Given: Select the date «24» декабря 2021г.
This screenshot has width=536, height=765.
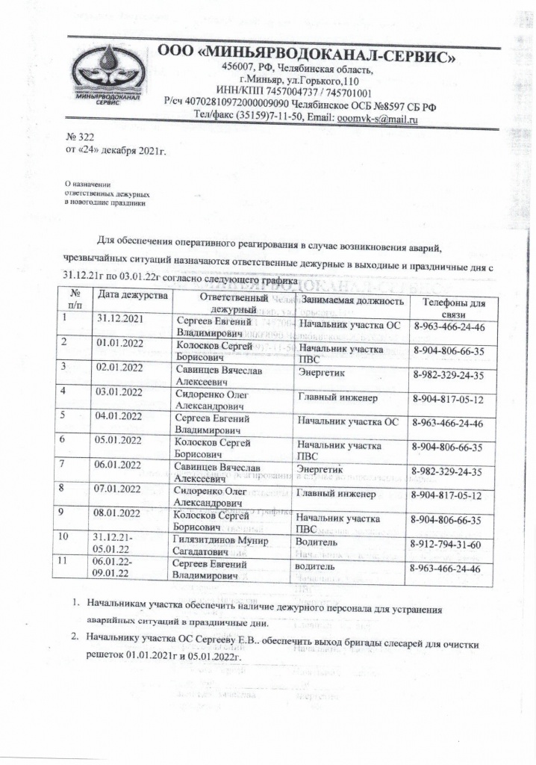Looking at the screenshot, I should point(115,151).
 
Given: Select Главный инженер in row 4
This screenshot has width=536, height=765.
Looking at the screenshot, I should point(337,398).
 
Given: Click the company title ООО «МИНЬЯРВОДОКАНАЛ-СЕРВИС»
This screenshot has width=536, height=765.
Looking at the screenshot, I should point(308,55).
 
